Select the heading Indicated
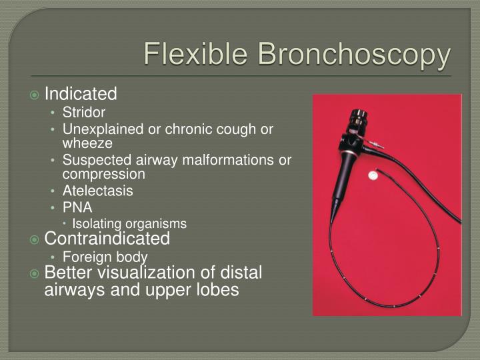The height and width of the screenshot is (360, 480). click(80, 93)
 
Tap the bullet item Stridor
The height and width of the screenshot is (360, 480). click(84, 113)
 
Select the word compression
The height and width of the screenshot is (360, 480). click(103, 174)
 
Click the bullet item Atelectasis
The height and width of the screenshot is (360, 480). click(97, 191)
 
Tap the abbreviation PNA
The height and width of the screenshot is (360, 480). click(77, 207)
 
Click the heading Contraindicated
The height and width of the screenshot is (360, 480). click(107, 239)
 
